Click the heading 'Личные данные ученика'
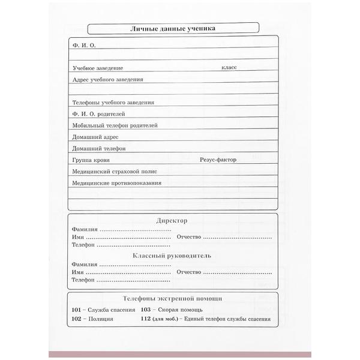[172, 28]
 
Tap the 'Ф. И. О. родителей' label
[98, 113]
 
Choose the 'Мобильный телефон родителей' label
[114, 125]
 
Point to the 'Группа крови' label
[90, 160]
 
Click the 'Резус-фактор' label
[218, 160]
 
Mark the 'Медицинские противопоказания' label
[116, 183]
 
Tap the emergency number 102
[76, 319]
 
